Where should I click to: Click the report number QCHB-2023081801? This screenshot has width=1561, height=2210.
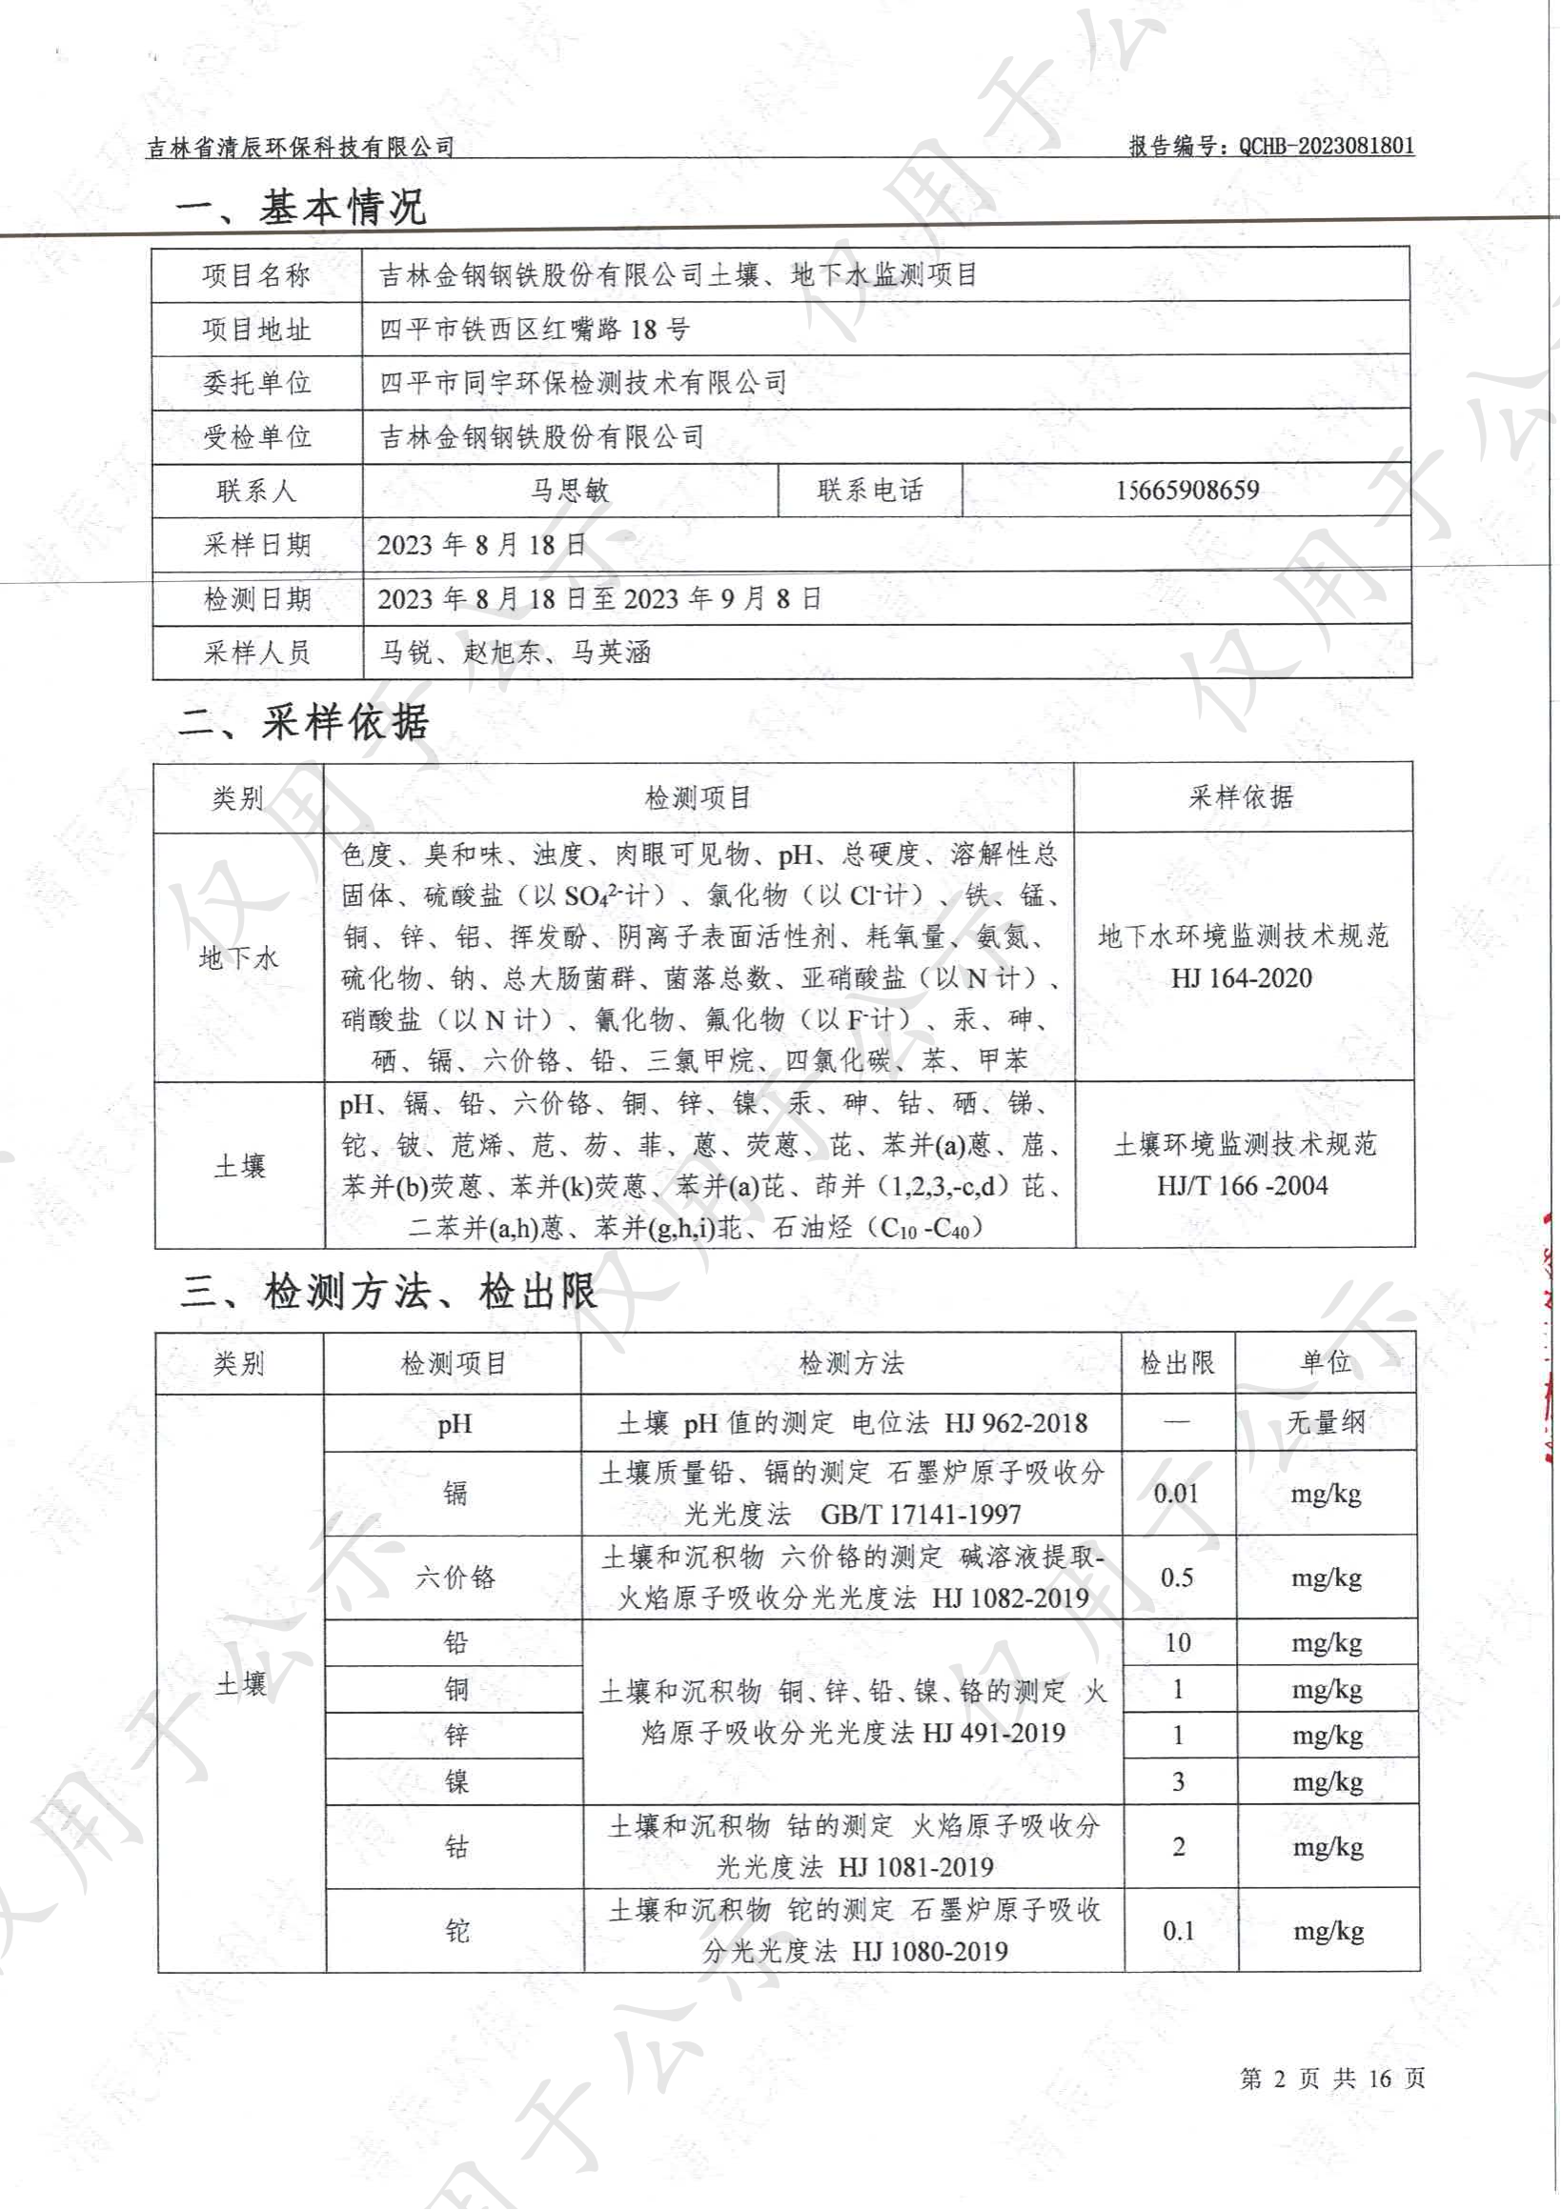(x=1326, y=147)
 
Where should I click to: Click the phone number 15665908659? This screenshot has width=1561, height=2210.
(x=1186, y=490)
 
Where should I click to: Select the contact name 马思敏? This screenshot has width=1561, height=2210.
(x=569, y=491)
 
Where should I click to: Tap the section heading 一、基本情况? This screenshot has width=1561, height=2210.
(x=299, y=207)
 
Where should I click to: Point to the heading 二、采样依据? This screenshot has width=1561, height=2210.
(x=303, y=722)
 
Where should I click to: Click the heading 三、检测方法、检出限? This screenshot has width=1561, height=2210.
(x=388, y=1291)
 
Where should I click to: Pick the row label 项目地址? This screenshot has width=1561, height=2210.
(x=256, y=330)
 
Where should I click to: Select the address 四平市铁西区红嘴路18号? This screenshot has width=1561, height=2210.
(x=535, y=330)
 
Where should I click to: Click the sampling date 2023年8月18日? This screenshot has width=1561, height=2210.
(x=481, y=545)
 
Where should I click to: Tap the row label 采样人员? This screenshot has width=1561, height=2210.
(x=256, y=653)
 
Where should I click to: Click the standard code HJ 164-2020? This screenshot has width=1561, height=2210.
(x=1242, y=978)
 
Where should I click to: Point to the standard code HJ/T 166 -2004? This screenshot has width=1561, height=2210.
(x=1243, y=1185)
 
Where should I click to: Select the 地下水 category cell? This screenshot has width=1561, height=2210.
(x=238, y=956)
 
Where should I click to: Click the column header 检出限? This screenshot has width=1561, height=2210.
(x=1177, y=1363)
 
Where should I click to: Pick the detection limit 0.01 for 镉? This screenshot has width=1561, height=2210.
(x=1176, y=1493)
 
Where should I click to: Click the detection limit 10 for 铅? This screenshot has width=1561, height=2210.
(x=1177, y=1642)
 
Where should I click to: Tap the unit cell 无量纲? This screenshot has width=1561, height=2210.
(x=1325, y=1422)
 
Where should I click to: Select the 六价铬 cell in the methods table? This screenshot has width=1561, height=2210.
(x=455, y=1577)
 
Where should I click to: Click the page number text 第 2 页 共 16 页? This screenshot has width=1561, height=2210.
(x=1332, y=2079)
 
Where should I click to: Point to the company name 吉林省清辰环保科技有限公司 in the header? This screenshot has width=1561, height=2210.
(x=300, y=148)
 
